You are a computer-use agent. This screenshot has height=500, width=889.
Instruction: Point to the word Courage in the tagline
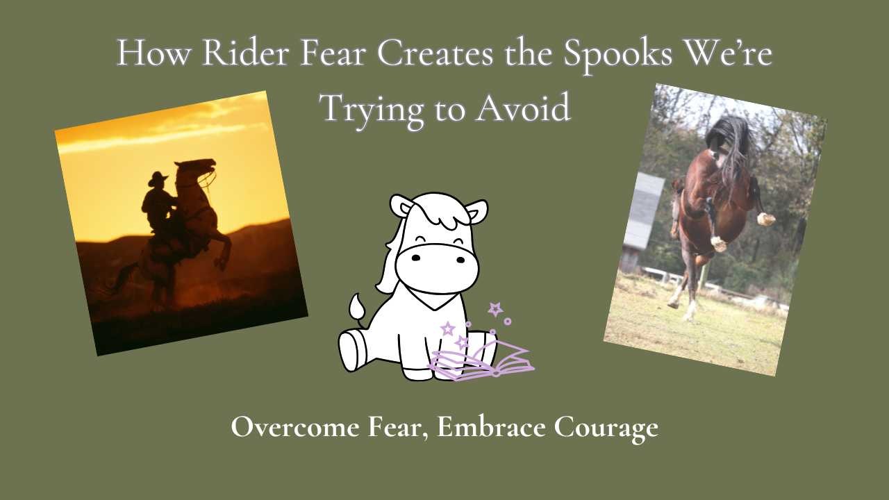(606, 427)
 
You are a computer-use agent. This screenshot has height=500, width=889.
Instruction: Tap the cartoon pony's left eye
(415, 258)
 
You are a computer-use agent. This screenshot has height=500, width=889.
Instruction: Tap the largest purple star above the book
(495, 309)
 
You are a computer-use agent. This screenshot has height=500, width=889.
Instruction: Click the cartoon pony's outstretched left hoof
(352, 351)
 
